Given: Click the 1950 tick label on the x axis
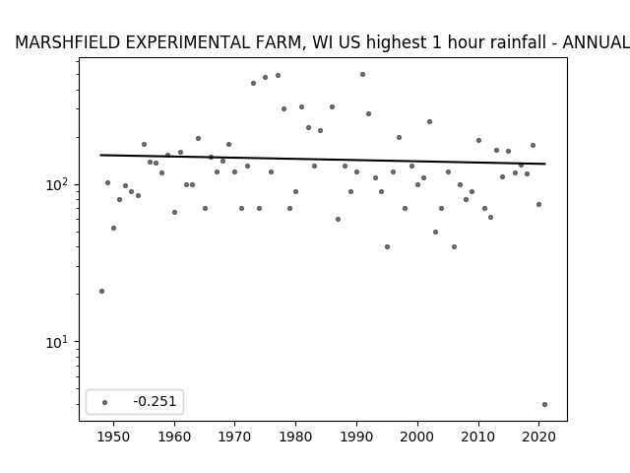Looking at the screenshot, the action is pyautogui.click(x=114, y=437).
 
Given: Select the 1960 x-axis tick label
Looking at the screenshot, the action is pyautogui.click(x=174, y=437).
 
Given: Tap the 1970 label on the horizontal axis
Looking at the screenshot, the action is pyautogui.click(x=235, y=437).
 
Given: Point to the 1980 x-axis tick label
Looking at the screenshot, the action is pyautogui.click(x=295, y=437).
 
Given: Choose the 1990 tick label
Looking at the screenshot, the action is pyautogui.click(x=356, y=437).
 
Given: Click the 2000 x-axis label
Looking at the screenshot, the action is pyautogui.click(x=417, y=437).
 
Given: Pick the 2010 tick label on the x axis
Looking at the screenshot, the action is pyautogui.click(x=478, y=437).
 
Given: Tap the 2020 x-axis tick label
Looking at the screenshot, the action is pyautogui.click(x=538, y=437).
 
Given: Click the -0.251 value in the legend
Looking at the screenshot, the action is pyautogui.click(x=155, y=401).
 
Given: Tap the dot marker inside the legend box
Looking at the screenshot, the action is pyautogui.click(x=104, y=402).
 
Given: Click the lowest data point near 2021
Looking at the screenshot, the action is pyautogui.click(x=544, y=404).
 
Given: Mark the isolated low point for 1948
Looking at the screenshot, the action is pyautogui.click(x=101, y=291).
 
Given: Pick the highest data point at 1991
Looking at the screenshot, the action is pyautogui.click(x=362, y=75).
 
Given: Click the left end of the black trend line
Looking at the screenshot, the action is pyautogui.click(x=100, y=155).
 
